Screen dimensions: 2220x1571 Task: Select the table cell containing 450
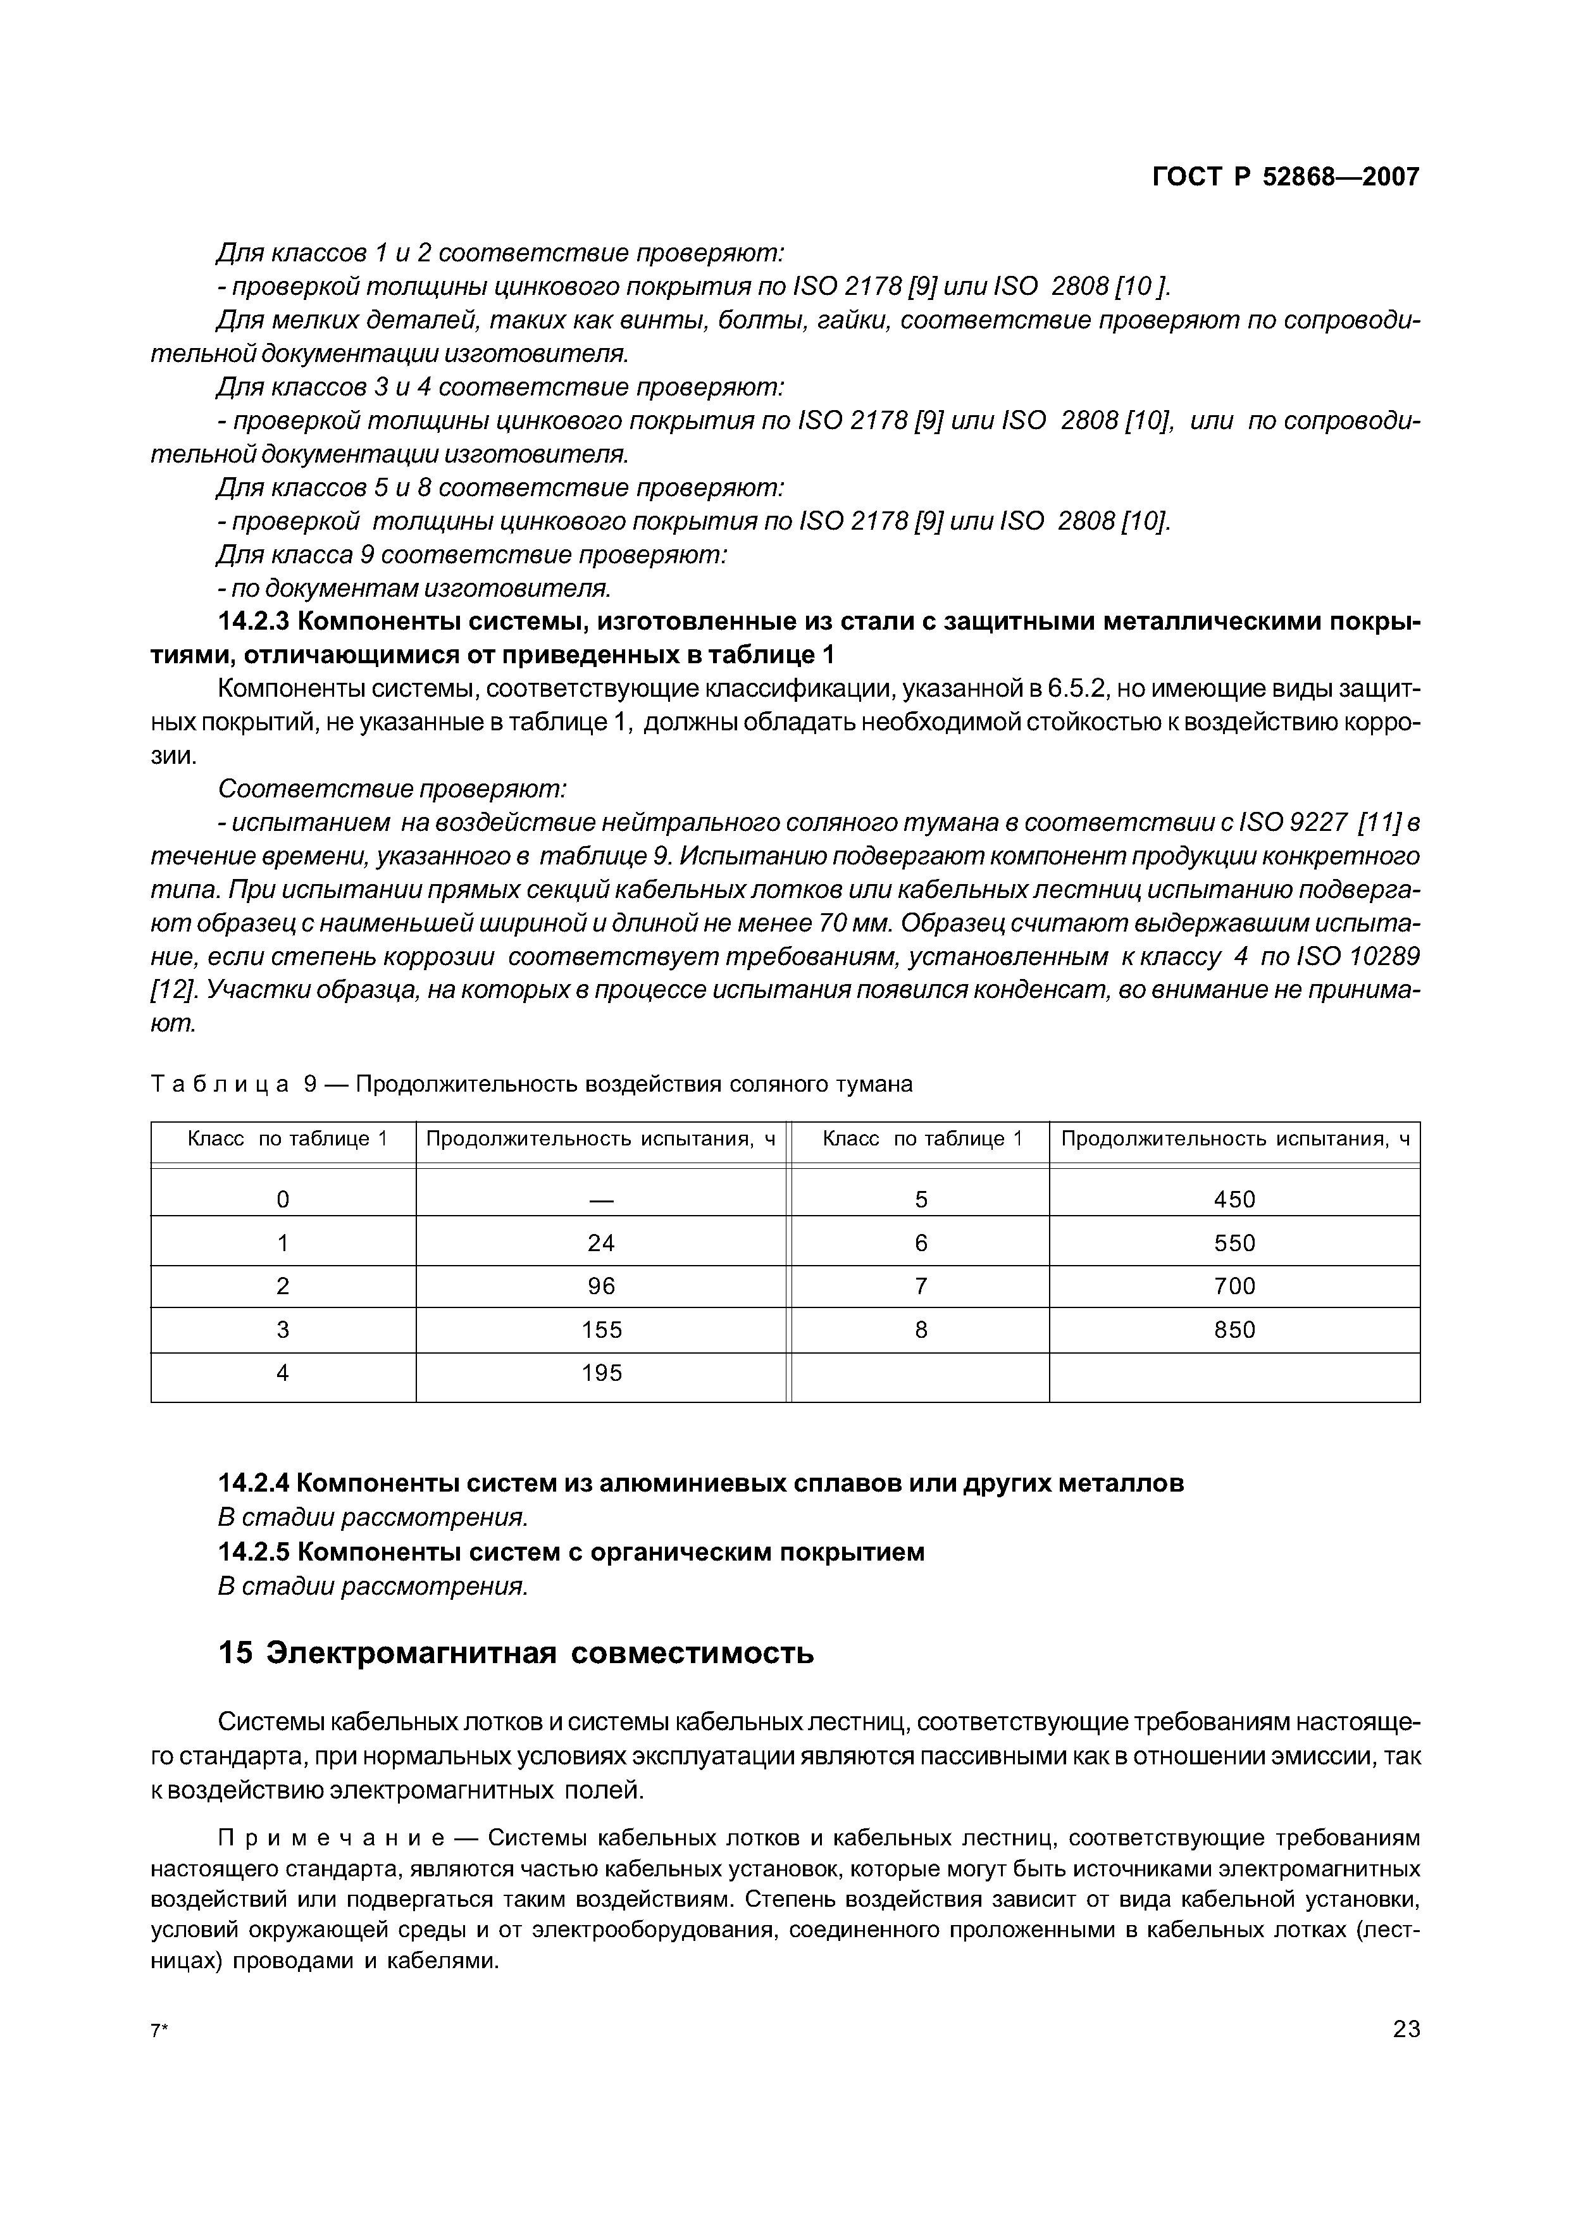click(x=1234, y=1199)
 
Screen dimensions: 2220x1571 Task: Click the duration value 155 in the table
click(x=602, y=1330)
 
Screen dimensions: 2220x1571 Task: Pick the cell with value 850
click(x=1234, y=1330)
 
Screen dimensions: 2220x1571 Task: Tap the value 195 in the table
click(x=602, y=1374)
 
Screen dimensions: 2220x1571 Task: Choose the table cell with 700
click(x=1234, y=1287)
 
